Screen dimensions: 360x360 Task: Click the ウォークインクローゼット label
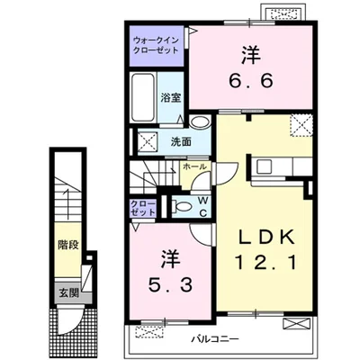pos(156,45)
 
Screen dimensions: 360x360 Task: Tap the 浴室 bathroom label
pos(171,98)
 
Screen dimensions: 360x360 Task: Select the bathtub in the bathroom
pos(144,97)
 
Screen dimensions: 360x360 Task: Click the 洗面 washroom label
pos(181,141)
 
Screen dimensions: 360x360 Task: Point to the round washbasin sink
pos(200,122)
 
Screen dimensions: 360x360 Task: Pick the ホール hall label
pos(194,166)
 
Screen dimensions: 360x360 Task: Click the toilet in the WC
pos(183,206)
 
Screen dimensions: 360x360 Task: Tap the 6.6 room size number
pos(251,80)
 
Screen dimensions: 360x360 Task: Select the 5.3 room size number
pos(170,285)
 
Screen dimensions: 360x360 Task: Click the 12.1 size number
pos(265,262)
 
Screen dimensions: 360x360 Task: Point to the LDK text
pos(266,238)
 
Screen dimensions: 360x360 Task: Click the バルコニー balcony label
pos(215,339)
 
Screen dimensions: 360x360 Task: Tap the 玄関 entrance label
pos(68,292)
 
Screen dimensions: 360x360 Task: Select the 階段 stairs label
pos(68,245)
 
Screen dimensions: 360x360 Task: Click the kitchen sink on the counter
pos(264,166)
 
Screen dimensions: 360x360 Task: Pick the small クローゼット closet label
pos(143,208)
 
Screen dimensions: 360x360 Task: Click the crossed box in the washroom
pos(148,140)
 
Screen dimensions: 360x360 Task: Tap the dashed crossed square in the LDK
pos(301,125)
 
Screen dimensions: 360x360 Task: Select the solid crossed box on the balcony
pos(296,325)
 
